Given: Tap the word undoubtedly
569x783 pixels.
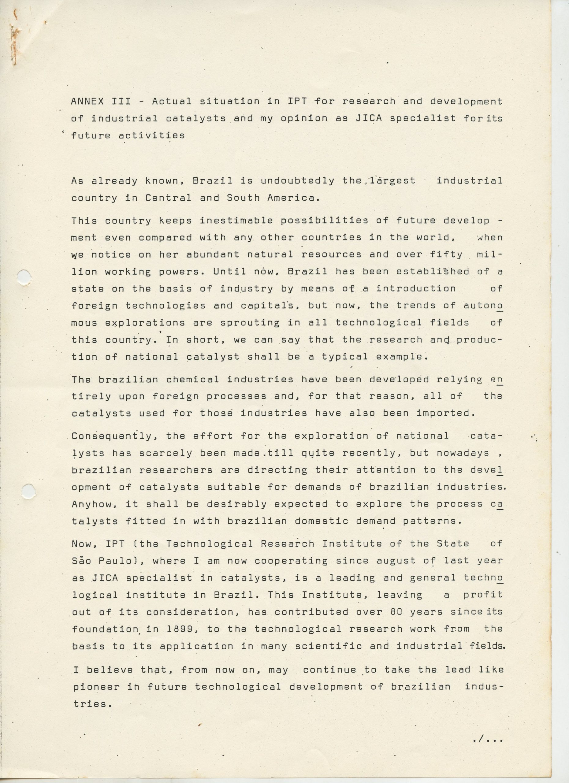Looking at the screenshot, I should pos(297,181).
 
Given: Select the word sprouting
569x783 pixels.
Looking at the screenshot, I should pos(250,323).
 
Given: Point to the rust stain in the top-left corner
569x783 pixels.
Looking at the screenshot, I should pos(14,41).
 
